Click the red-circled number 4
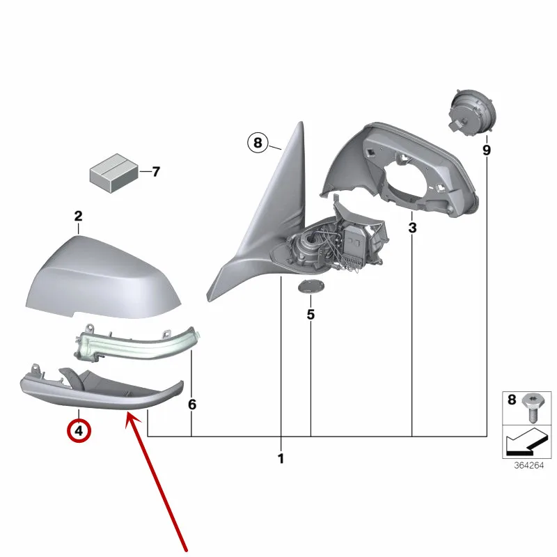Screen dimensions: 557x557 [x=79, y=431]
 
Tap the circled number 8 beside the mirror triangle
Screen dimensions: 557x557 [x=258, y=143]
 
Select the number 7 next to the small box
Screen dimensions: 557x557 [x=156, y=172]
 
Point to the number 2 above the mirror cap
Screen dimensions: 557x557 [x=78, y=216]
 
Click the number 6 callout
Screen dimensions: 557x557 [x=192, y=405]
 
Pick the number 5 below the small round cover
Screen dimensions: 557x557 [x=311, y=315]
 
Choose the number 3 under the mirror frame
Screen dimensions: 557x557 [x=412, y=228]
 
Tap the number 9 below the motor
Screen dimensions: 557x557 [x=486, y=150]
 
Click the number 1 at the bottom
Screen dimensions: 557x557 [x=281, y=459]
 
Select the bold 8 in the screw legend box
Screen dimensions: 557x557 [x=512, y=400]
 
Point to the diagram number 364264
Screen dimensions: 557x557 [x=528, y=465]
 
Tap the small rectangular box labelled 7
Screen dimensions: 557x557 [x=114, y=173]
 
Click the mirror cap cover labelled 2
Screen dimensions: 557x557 [x=103, y=279]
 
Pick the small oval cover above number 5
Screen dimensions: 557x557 [x=311, y=286]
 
